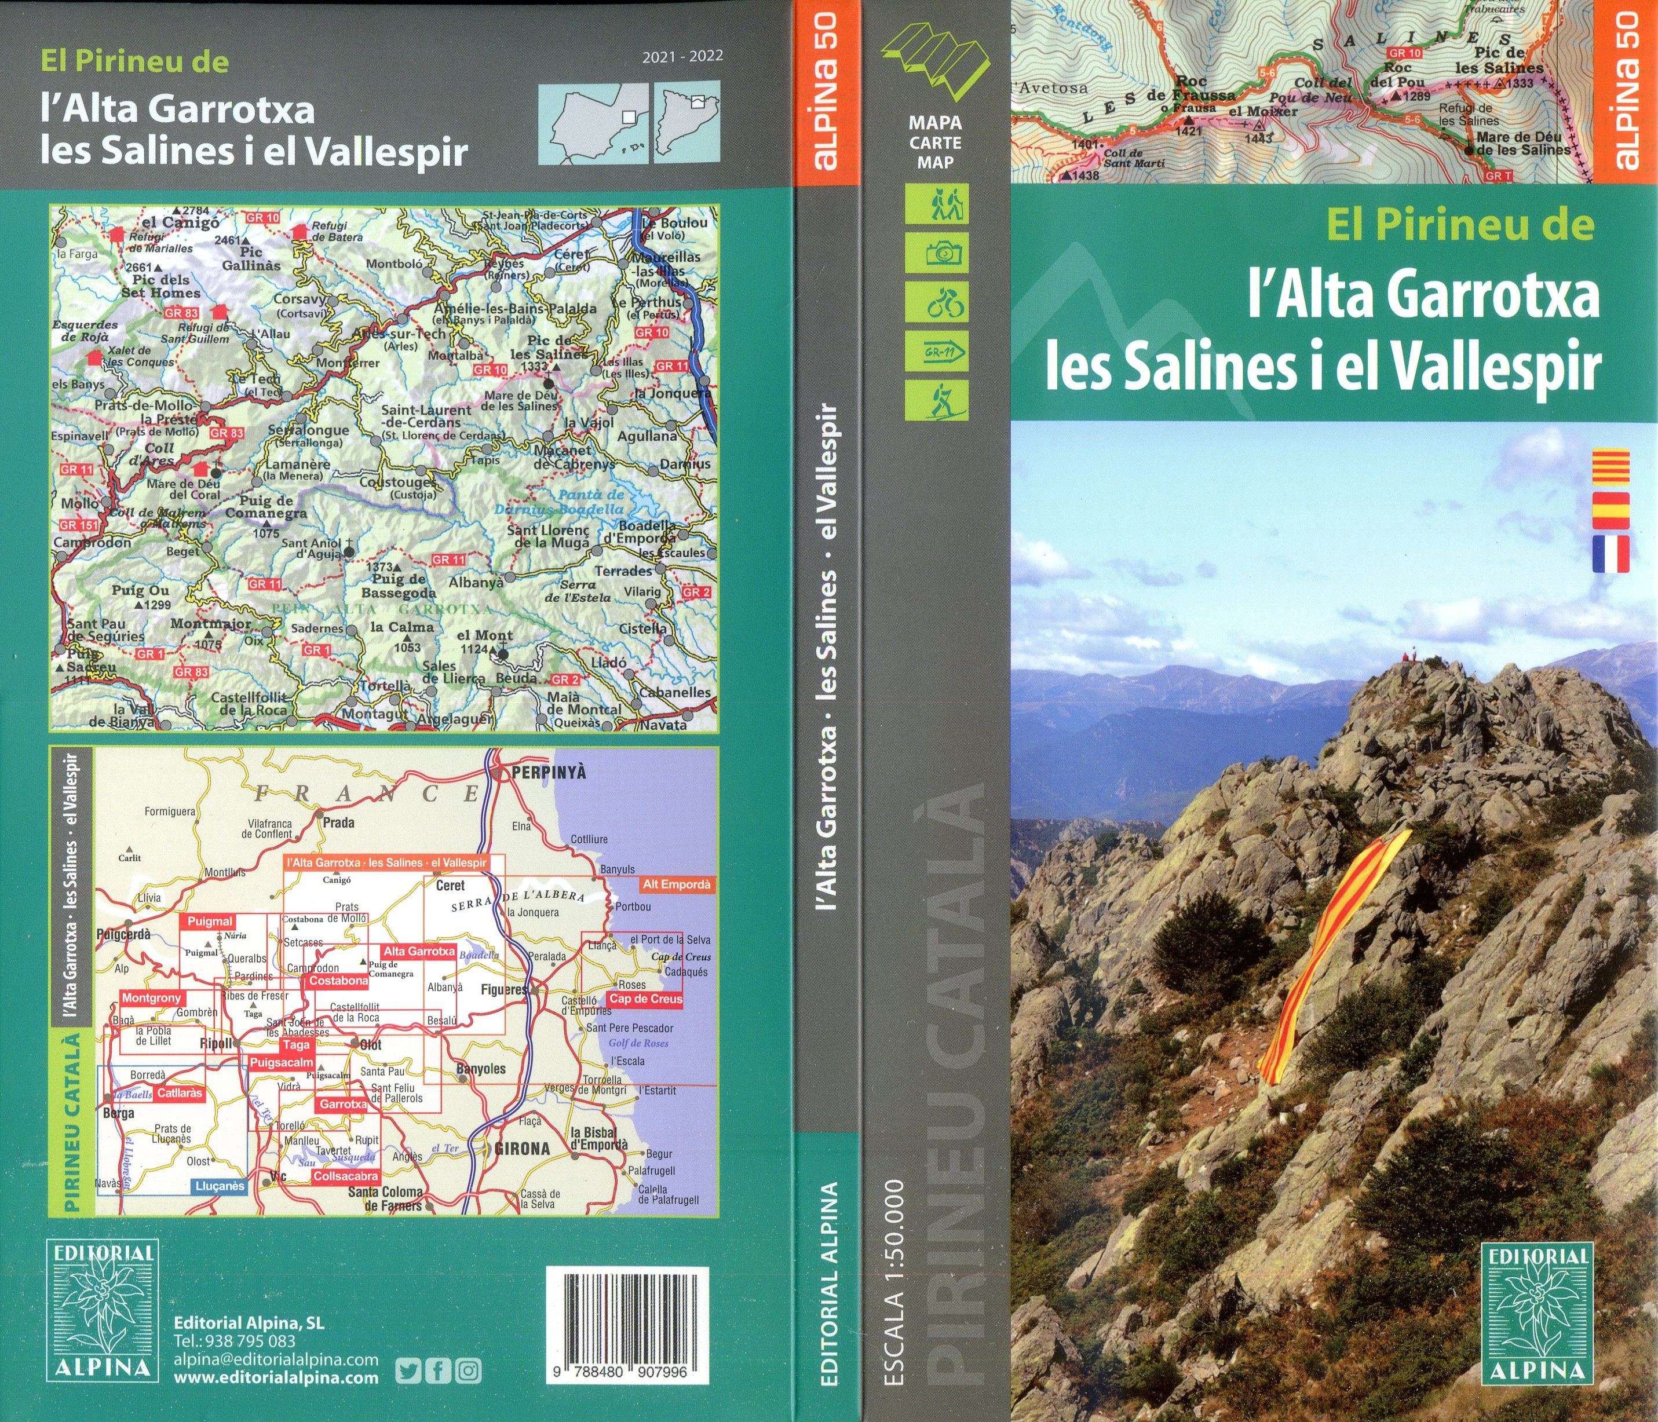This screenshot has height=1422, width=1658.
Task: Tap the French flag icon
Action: coord(1610,554)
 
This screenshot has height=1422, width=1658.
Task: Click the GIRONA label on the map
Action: coord(523,1149)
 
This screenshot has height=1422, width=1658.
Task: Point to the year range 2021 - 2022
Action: coord(682,56)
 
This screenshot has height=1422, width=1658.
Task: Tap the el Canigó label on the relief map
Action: coord(180,222)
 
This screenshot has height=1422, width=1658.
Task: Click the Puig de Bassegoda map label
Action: coord(399,586)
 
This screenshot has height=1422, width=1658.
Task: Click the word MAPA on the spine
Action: coord(934,123)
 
